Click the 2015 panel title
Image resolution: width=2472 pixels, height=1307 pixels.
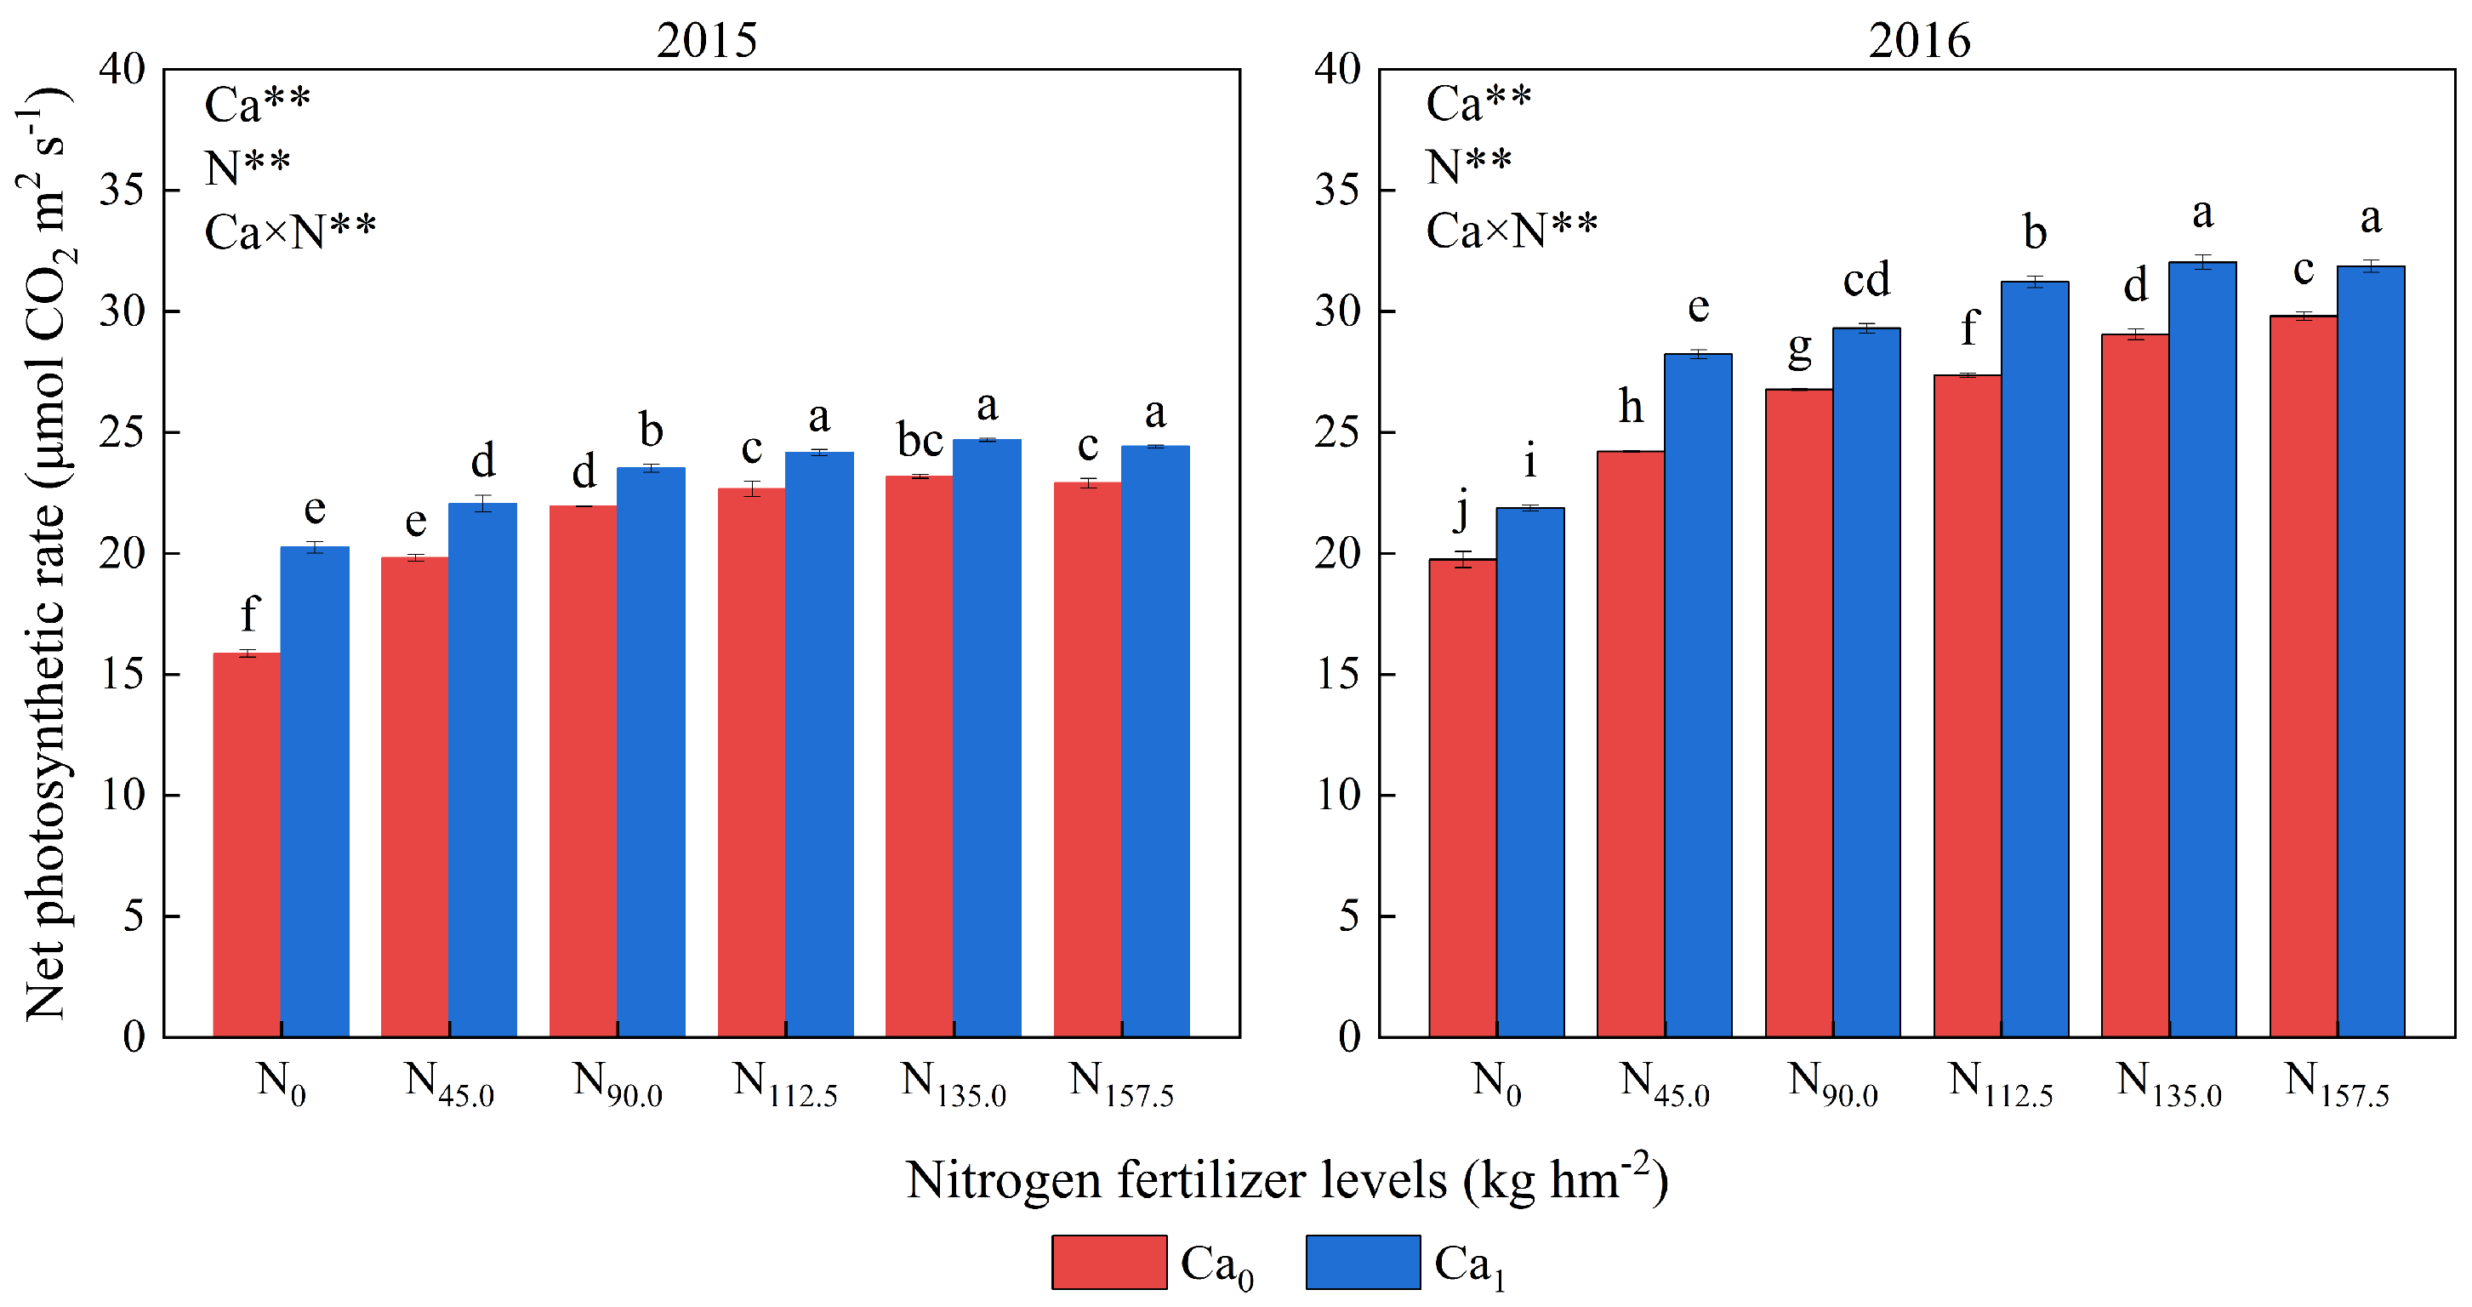pyautogui.click(x=706, y=40)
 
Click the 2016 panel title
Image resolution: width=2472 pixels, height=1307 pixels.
pyautogui.click(x=1919, y=40)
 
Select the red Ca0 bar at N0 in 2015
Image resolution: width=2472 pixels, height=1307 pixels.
pyautogui.click(x=247, y=844)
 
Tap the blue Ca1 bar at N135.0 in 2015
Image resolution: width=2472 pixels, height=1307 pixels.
pyautogui.click(x=987, y=739)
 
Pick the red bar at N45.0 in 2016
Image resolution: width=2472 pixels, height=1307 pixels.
pyautogui.click(x=1631, y=744)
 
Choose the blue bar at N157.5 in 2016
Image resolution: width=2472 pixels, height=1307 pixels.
pyautogui.click(x=2370, y=653)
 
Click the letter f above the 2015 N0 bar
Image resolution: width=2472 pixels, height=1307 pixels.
pyautogui.click(x=249, y=614)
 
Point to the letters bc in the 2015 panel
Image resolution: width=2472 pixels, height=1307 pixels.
pyautogui.click(x=920, y=441)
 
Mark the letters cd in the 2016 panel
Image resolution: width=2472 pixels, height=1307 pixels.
pyautogui.click(x=1866, y=279)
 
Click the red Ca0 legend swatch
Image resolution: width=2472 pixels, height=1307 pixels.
pyautogui.click(x=1108, y=1262)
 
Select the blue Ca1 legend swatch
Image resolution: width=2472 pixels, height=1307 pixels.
pyautogui.click(x=1363, y=1262)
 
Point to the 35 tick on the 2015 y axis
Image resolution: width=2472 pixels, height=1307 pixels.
pyautogui.click(x=122, y=190)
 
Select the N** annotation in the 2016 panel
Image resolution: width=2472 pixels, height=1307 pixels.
pyautogui.click(x=1468, y=167)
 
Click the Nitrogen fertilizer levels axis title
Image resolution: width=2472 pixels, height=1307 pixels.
pyautogui.click(x=1287, y=1179)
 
